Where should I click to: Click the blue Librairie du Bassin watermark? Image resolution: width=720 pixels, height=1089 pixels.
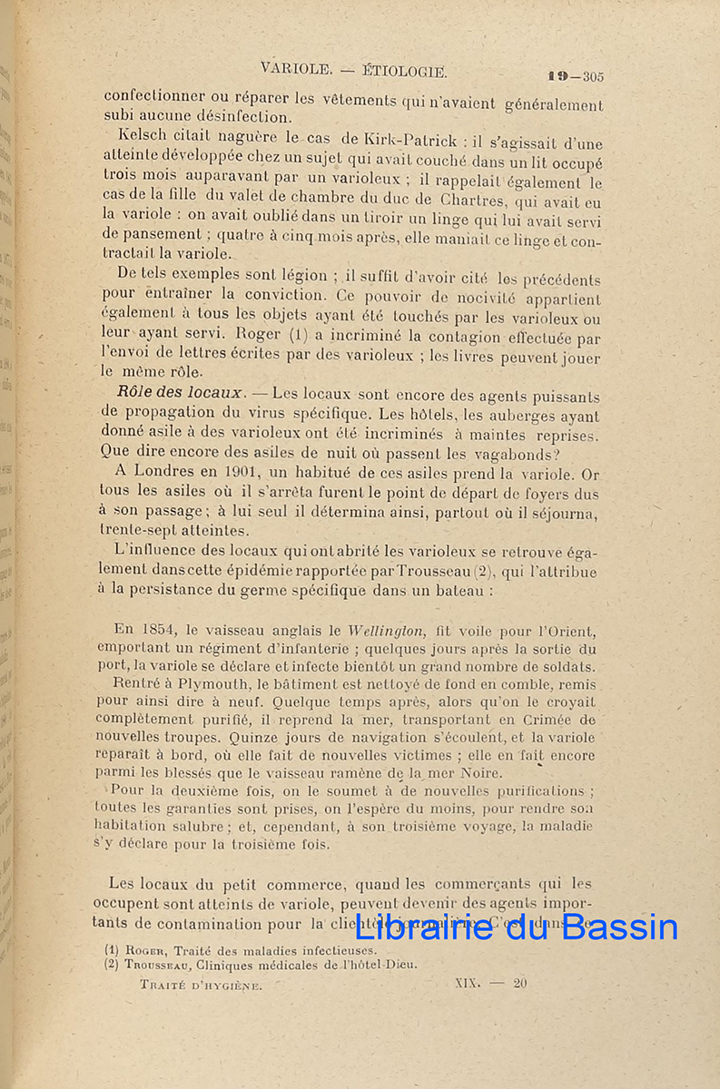click(515, 926)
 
